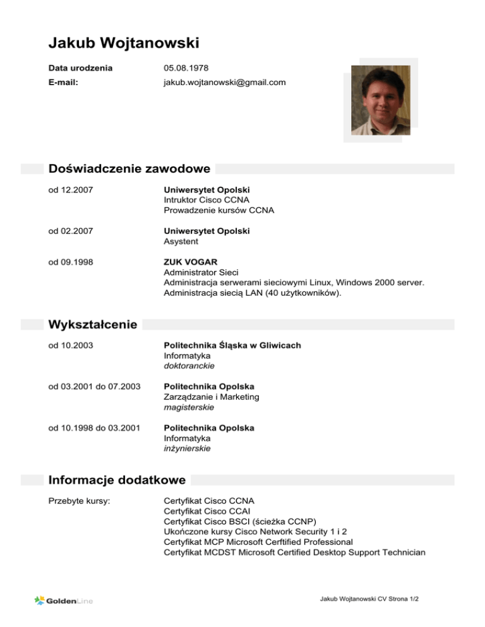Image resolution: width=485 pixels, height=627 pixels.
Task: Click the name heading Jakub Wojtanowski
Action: point(124,43)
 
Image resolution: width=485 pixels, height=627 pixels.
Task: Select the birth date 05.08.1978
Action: point(186,67)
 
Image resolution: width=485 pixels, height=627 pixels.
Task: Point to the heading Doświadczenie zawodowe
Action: point(129,169)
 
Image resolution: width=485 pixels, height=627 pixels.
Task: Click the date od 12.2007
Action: point(71,189)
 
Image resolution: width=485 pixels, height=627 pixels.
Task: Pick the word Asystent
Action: point(181,242)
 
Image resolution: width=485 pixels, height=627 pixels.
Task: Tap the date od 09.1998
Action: point(71,262)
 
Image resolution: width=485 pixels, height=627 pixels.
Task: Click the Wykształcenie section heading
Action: point(92,325)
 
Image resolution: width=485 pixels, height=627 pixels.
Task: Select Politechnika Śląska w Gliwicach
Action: point(232,345)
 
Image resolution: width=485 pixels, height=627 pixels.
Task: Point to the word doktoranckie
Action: point(189,366)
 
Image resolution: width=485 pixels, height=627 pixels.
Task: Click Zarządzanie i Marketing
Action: point(211,397)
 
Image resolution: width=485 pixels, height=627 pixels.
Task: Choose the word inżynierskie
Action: point(187,448)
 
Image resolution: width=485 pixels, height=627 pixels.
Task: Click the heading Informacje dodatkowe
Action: point(117,480)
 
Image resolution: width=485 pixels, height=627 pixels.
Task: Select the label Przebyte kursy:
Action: point(80,501)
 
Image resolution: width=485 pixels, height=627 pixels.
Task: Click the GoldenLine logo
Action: point(63,601)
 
